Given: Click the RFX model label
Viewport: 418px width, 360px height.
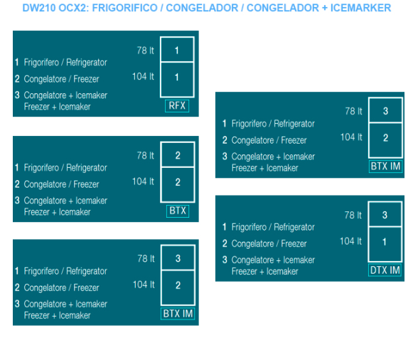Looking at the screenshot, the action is click(177, 106).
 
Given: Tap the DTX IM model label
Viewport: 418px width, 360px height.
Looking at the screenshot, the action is click(385, 270).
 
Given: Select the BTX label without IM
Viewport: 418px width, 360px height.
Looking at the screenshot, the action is click(178, 211).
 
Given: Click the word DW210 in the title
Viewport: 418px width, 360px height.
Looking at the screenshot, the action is click(39, 8).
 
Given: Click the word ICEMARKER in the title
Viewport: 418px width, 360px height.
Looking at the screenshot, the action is click(360, 8).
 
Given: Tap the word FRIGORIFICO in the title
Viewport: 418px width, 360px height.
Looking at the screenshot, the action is click(125, 8).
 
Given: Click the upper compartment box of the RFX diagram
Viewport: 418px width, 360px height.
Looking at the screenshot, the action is click(177, 49).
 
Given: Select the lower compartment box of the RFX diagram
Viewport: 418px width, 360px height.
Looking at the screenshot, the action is click(177, 80).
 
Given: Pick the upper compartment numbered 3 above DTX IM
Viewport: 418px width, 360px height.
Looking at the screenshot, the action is click(385, 214).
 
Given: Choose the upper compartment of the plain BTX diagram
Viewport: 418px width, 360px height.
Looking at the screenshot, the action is click(178, 154).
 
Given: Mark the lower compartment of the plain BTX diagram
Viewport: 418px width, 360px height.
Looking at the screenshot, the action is click(178, 185).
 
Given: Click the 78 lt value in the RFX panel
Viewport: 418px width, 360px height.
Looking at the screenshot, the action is click(146, 51).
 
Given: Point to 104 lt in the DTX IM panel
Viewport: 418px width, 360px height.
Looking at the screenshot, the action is click(351, 241).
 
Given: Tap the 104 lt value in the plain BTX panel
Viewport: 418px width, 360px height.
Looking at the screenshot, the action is click(143, 181).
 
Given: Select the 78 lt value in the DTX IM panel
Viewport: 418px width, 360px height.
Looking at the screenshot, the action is click(353, 215).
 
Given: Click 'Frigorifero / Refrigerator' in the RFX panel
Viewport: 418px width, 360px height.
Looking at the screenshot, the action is click(65, 63).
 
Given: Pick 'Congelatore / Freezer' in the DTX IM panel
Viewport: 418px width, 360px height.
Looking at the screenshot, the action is click(269, 243).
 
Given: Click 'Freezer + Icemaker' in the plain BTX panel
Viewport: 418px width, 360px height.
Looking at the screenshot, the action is click(57, 212).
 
